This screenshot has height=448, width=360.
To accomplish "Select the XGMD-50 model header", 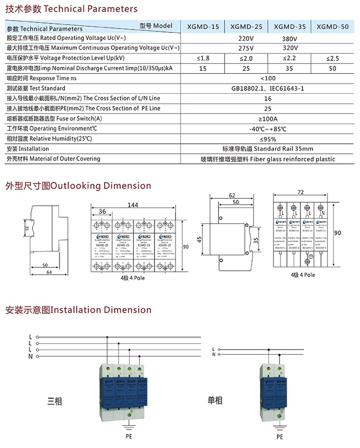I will pos(332,27).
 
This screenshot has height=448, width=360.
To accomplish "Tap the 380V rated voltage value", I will pos(290,38).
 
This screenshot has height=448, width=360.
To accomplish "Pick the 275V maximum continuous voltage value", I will pos(246,48).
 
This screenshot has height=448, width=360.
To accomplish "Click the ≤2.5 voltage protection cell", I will pos(332,58).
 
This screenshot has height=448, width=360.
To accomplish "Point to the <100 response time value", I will pos(268,78).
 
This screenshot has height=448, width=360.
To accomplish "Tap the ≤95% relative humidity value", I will pos(268,139).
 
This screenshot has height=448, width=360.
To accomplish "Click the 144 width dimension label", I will pos(133,205).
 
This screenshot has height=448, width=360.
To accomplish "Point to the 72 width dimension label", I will pos(300,192).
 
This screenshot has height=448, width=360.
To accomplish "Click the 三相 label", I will pos(54,400).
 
